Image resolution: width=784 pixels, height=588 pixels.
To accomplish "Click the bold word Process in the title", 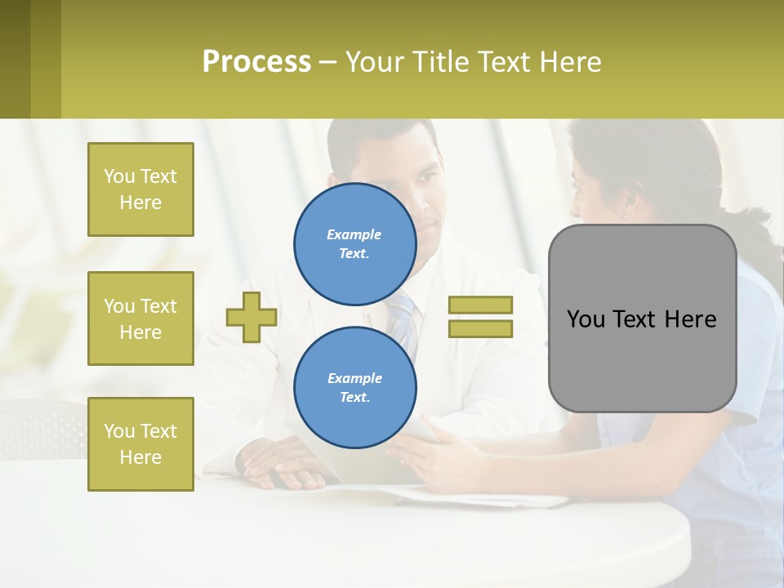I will coord(256,62).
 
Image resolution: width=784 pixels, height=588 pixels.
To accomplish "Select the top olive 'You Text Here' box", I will coord(140,189).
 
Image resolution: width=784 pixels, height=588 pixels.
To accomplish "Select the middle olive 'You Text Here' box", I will coord(140,318).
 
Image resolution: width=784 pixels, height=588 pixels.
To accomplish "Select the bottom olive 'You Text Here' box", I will coord(140,443).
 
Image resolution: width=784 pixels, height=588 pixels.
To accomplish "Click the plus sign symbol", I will coord(252,317).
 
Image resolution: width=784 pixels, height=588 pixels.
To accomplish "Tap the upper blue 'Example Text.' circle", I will coord(354,243).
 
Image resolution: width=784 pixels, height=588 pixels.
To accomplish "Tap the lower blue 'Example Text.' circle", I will coord(354,387).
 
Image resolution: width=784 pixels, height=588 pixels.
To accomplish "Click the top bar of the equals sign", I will coord(480,305).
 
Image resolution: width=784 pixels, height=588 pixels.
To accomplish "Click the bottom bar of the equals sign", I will coord(480,328).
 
